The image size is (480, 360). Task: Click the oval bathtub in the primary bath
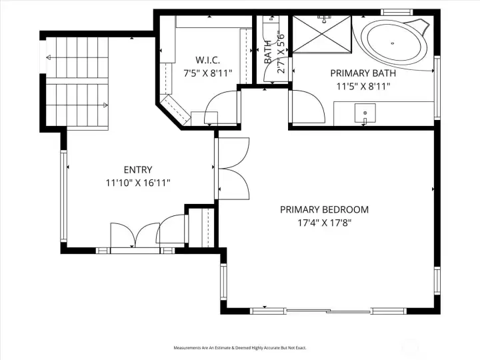click(395, 45)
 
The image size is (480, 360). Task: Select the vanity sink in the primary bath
click(365, 114)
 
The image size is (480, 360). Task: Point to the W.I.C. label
click(207, 60)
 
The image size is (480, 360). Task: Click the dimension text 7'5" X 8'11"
click(207, 73)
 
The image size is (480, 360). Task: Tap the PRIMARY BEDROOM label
click(324, 209)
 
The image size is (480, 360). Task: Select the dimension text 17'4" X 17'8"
click(324, 223)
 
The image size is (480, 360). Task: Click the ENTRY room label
click(138, 169)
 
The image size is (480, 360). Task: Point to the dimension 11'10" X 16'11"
click(138, 183)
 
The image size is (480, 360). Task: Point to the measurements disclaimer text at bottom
click(240, 348)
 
